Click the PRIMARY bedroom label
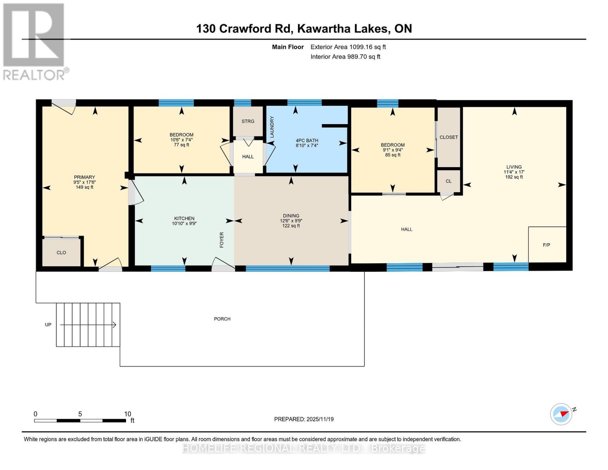point(84,177)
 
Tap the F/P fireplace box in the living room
point(547,245)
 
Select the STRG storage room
point(248,121)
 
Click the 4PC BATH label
point(307,140)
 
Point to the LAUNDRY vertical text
point(272,127)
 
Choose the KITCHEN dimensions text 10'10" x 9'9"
point(184,224)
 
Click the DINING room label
point(291,216)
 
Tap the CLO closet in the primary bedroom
point(61,253)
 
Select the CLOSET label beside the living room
point(449,137)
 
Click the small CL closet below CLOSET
point(449,181)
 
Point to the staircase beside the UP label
point(88,325)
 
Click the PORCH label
point(222,319)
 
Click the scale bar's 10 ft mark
point(127,414)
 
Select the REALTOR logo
point(34,41)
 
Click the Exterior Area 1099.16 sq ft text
point(348,47)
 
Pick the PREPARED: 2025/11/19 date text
point(304,419)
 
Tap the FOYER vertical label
point(222,240)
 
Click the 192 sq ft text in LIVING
point(514,177)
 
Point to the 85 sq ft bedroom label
point(393,155)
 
